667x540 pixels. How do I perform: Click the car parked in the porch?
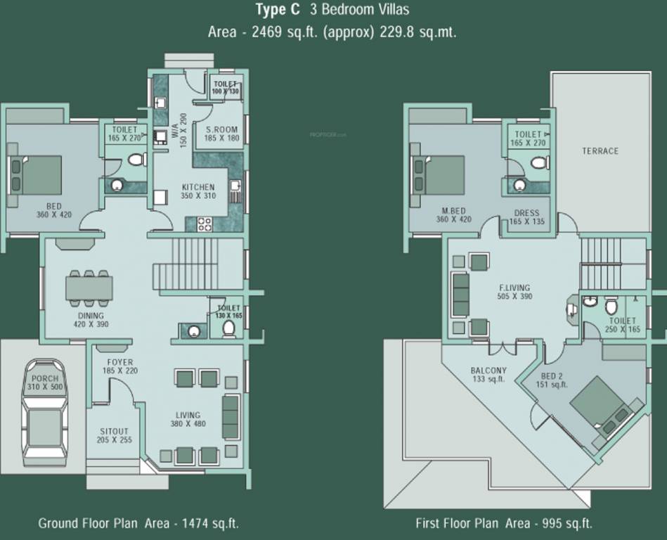tap(44, 413)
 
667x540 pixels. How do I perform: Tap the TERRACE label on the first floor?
tap(600, 151)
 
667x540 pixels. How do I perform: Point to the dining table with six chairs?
tap(89, 288)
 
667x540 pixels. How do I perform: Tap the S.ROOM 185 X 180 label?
tap(221, 134)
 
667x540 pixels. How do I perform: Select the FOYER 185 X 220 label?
tap(117, 366)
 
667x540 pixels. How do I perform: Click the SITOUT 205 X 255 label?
tap(114, 435)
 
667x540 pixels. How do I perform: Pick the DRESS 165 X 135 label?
tap(526, 217)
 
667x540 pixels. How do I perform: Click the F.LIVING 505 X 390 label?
tap(514, 292)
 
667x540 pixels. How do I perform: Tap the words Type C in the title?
tap(279, 10)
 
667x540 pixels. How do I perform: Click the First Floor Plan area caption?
tap(503, 523)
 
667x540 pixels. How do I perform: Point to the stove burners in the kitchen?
tap(205, 224)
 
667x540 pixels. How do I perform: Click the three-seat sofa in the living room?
tap(231, 417)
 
